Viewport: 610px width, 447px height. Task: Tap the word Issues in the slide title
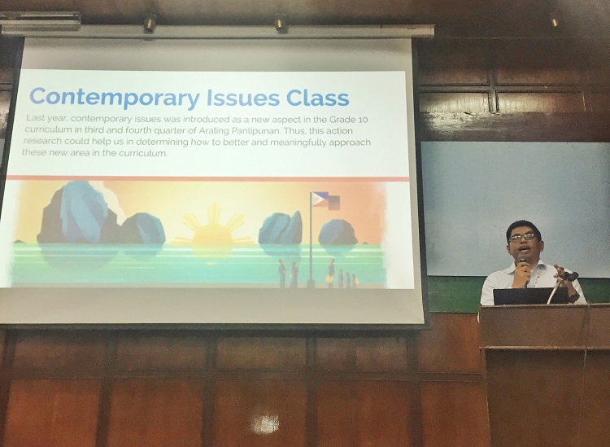(243, 98)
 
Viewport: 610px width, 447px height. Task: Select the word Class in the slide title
(317, 98)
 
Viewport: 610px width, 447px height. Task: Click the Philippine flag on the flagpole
(320, 199)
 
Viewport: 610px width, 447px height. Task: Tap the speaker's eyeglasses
(522, 237)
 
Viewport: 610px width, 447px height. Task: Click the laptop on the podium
(530, 296)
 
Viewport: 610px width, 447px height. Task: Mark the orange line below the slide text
(208, 179)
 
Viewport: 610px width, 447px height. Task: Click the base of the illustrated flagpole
(310, 283)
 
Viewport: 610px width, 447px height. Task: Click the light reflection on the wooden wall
(266, 423)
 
